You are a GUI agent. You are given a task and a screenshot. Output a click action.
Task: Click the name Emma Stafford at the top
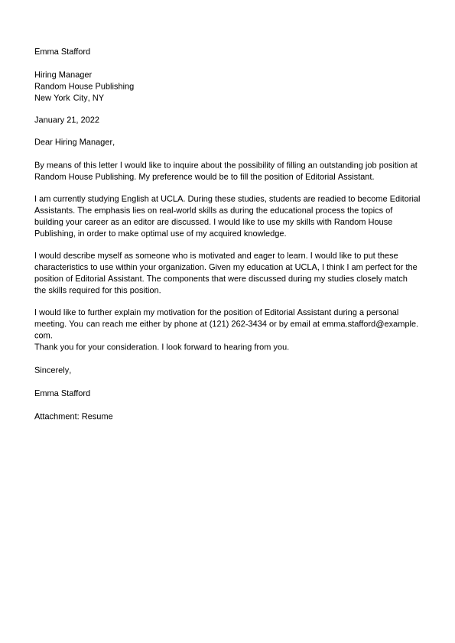tap(62, 52)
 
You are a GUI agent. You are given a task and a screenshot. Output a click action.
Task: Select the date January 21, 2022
tap(67, 120)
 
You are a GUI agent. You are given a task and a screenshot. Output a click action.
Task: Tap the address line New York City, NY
tap(69, 98)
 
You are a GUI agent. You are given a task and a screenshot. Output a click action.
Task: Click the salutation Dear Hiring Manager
tap(74, 142)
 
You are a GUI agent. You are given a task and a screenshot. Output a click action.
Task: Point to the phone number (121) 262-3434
tap(238, 324)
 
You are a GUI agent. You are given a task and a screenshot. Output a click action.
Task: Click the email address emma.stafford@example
tap(369, 324)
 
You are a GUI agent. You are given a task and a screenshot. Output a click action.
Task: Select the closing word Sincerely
tap(52, 370)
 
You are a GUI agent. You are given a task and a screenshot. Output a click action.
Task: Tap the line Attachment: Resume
tap(73, 417)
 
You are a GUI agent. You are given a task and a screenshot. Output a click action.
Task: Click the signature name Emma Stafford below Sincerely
tap(62, 393)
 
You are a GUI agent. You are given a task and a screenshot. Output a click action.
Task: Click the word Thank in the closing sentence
tap(47, 347)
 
